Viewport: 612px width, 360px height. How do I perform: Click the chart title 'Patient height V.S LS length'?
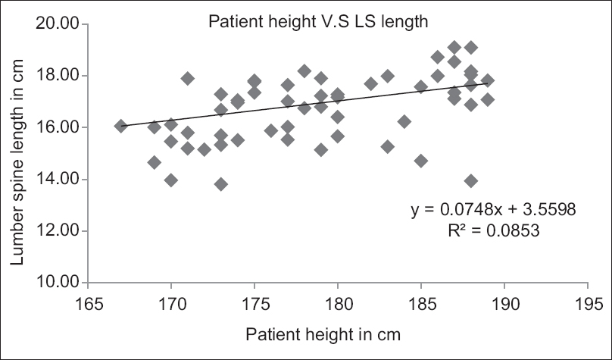319,22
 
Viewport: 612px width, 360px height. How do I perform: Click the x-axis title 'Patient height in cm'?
322,333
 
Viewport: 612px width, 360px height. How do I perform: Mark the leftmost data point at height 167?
121,126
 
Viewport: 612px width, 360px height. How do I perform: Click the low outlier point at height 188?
471,180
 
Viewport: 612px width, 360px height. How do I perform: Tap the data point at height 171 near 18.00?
188,78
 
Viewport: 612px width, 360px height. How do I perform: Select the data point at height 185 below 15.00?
421,161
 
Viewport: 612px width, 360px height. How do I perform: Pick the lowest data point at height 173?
221,184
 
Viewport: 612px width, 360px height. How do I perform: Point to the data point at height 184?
404,121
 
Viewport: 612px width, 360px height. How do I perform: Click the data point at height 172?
205,149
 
